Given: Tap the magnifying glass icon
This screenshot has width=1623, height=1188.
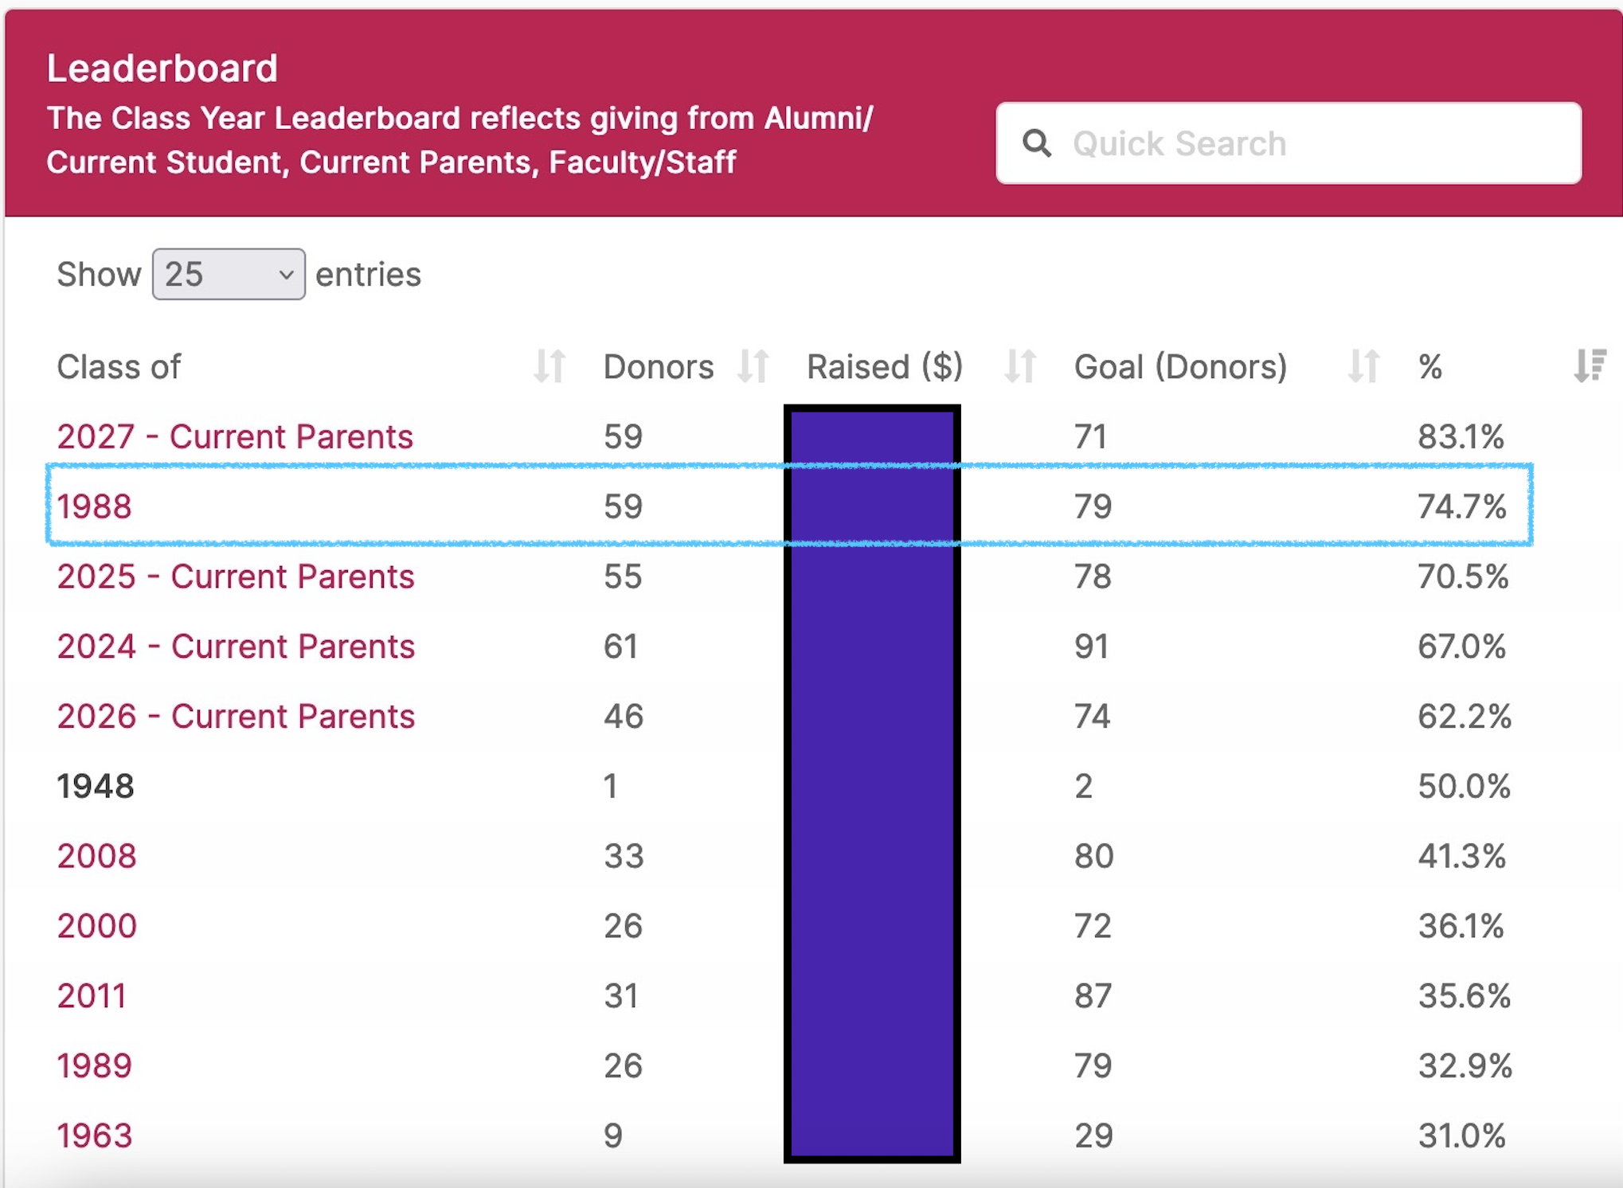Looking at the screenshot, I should (x=1037, y=143).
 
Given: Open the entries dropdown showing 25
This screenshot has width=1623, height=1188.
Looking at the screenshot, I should (x=229, y=274).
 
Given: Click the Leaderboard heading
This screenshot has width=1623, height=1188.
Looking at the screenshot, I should (x=162, y=68).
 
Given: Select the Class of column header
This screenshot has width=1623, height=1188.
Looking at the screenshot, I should (x=119, y=367).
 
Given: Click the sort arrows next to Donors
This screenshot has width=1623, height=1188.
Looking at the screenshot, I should (x=753, y=367).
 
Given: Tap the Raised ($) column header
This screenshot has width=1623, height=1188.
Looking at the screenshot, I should (x=885, y=367).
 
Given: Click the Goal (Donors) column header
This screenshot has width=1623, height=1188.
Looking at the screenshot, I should (x=1180, y=367).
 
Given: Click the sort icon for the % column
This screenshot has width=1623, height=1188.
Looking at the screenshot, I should (x=1589, y=367).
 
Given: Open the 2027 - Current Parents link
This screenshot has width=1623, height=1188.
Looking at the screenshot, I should (x=235, y=436).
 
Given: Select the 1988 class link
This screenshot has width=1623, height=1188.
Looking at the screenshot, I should (x=94, y=506).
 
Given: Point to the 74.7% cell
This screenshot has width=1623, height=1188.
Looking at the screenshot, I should (x=1461, y=506).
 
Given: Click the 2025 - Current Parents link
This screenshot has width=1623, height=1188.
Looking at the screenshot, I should (x=236, y=576).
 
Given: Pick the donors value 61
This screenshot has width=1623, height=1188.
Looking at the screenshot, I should (x=620, y=647).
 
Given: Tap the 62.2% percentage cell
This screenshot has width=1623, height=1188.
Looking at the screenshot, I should (x=1464, y=717).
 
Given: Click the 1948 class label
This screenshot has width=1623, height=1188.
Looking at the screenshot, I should (x=96, y=787).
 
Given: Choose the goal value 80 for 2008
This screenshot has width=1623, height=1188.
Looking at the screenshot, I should (x=1093, y=856).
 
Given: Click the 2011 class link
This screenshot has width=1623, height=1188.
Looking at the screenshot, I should (x=92, y=996).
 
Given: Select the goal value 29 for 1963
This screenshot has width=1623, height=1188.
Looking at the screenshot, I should (x=1093, y=1136).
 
